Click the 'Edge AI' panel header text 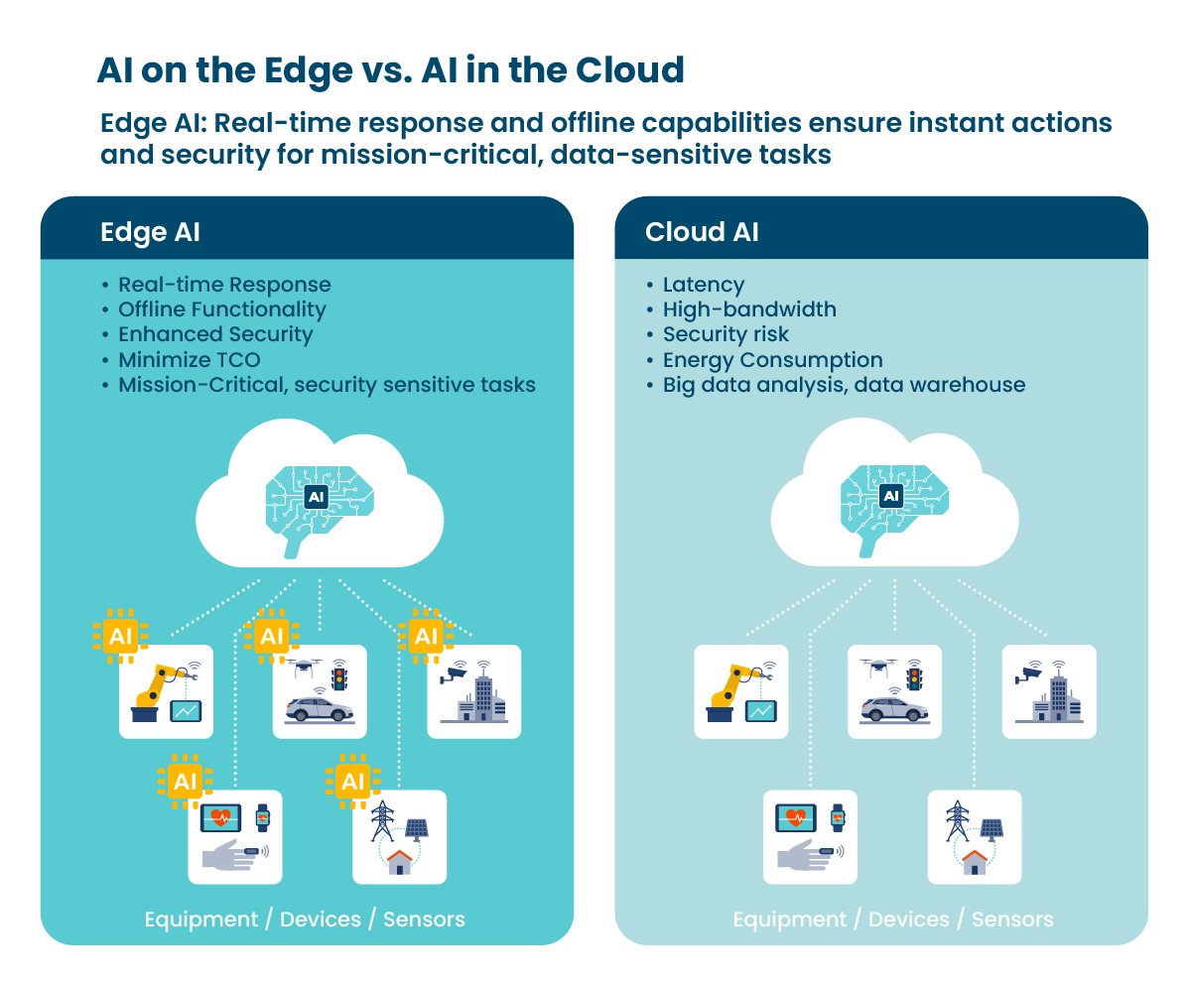coord(151,232)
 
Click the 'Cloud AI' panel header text coord(700,232)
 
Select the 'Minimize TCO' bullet coord(188,360)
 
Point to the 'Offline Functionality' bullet coord(221,309)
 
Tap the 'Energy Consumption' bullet coord(772,360)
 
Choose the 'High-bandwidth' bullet coord(749,309)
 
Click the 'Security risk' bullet coord(726,334)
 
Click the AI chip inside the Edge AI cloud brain coord(316,497)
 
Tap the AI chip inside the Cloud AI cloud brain coord(891,495)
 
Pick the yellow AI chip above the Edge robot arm coord(120,636)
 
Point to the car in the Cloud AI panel coord(894,709)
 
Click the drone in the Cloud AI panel coord(876,668)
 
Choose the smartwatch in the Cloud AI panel coord(838,817)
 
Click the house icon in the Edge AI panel coord(399,861)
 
